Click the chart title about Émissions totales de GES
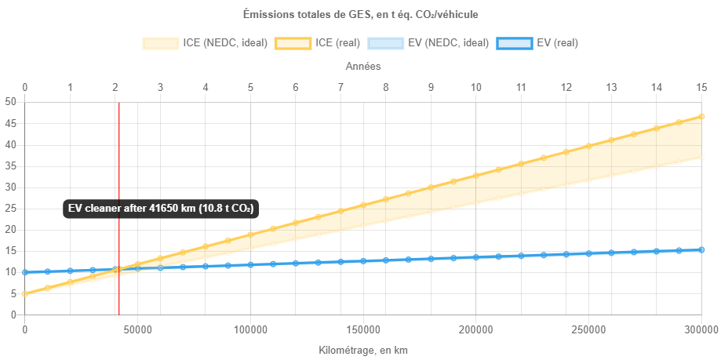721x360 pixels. point(360,13)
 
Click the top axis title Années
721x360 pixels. point(363,67)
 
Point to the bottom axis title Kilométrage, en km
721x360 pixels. point(363,350)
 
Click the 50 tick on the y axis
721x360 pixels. point(11,102)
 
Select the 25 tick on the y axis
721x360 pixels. point(11,209)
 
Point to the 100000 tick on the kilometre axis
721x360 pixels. point(250,329)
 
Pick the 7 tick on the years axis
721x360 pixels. point(340,87)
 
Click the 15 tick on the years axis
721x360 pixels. point(701,87)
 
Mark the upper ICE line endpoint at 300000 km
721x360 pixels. point(701,116)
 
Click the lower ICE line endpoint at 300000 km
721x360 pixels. point(701,158)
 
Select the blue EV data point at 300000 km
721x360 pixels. point(701,250)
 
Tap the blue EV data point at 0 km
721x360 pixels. point(25,272)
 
